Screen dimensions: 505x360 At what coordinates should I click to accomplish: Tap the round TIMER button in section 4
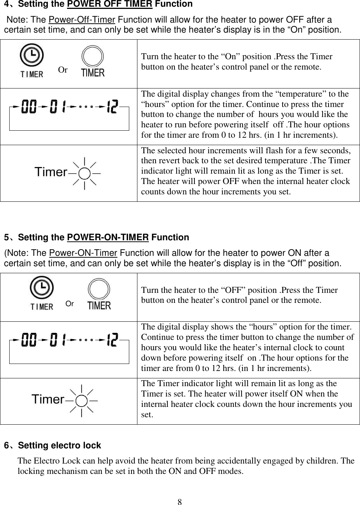93,57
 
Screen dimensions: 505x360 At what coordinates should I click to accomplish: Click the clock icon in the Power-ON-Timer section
41,289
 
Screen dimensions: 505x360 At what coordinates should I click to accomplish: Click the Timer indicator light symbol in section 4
85,173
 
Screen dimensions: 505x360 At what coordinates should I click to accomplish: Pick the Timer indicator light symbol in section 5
82,400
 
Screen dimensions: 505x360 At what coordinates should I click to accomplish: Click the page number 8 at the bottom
180,502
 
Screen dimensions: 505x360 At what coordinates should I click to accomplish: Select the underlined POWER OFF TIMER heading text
109,4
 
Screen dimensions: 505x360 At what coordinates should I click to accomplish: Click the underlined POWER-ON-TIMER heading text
108,237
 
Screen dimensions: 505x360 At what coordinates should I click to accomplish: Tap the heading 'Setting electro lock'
59,445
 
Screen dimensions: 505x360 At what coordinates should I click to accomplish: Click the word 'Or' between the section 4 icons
63,70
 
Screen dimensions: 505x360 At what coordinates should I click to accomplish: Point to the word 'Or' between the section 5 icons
70,304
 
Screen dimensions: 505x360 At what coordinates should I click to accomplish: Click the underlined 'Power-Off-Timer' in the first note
82,20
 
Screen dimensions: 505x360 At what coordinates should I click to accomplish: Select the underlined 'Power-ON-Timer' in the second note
83,253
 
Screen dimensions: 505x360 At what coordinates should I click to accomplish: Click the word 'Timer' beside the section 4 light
51,172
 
